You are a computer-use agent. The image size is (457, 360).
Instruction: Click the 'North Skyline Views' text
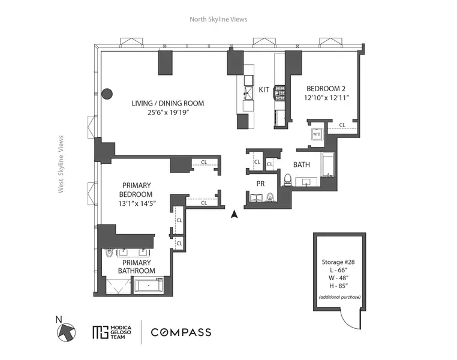click(x=218, y=19)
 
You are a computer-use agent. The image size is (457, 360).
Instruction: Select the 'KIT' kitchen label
click(x=264, y=89)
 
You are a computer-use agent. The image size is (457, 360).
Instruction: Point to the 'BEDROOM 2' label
click(x=327, y=86)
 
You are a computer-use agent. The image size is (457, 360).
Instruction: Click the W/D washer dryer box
click(x=316, y=135)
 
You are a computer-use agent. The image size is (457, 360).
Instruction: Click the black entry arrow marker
click(x=234, y=213)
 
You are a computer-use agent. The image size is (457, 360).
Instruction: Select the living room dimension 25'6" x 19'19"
click(x=168, y=112)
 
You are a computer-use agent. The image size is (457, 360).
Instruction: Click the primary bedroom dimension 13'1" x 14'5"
click(x=137, y=203)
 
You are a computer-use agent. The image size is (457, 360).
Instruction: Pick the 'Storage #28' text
click(x=340, y=262)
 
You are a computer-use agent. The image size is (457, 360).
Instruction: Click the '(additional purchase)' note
click(x=340, y=298)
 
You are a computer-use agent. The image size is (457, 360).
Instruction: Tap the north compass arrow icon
click(x=67, y=331)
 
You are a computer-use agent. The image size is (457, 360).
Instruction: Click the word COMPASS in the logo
click(x=181, y=332)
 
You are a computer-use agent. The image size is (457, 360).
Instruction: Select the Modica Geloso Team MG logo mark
click(x=100, y=332)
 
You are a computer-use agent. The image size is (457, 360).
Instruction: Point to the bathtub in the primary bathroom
click(x=152, y=286)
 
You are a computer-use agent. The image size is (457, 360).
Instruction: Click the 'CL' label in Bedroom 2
click(x=342, y=125)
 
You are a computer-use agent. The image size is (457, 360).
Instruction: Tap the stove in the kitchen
click(x=279, y=92)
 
